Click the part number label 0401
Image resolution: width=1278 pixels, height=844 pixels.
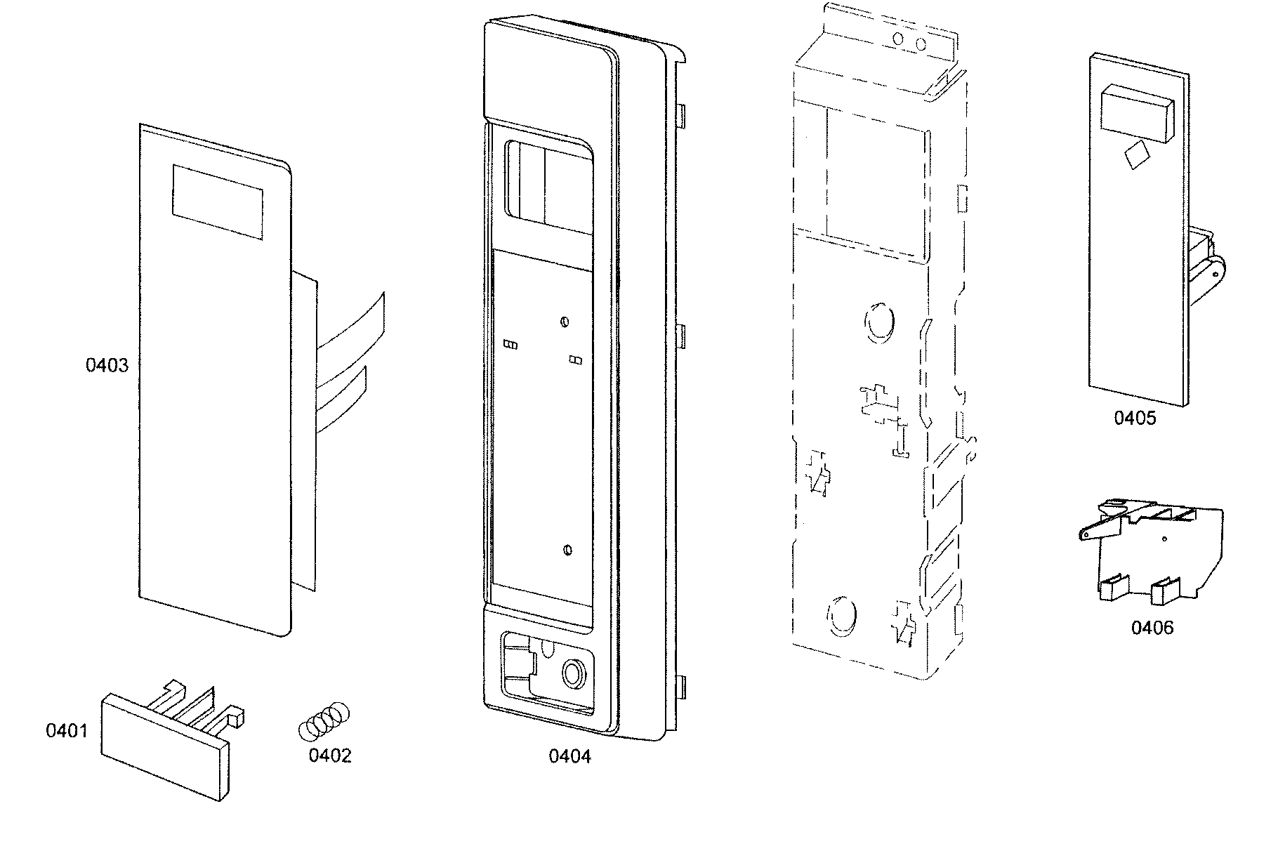(x=67, y=731)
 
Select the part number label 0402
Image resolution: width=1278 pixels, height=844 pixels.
(x=329, y=756)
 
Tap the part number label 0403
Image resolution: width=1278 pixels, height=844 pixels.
(x=107, y=365)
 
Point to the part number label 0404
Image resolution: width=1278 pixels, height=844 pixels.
(x=569, y=756)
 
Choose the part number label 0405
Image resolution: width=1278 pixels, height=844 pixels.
(x=1134, y=418)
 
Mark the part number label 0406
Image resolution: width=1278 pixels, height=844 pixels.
(x=1152, y=628)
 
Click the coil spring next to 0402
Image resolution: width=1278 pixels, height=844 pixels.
(x=324, y=720)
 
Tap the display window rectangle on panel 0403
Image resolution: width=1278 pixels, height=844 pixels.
(x=218, y=202)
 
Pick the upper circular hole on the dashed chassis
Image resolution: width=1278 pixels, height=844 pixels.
(x=878, y=324)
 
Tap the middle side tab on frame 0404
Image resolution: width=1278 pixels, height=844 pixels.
(x=680, y=336)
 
